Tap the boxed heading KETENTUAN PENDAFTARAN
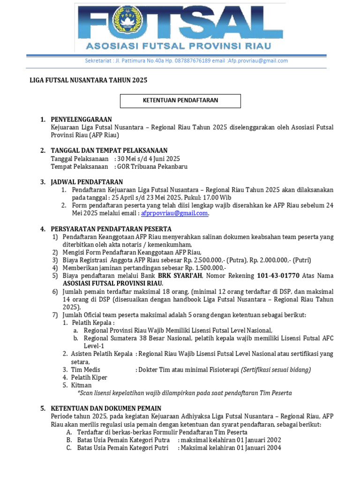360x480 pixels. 180,100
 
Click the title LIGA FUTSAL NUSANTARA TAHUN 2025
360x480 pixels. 89,80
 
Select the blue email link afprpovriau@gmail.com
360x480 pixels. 174,213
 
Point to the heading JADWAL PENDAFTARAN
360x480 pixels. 87,182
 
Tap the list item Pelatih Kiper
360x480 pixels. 89,377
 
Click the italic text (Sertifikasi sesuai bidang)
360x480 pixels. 276,369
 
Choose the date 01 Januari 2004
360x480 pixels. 259,448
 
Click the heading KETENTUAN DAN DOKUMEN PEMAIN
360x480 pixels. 106,409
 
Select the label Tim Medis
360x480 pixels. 85,369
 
